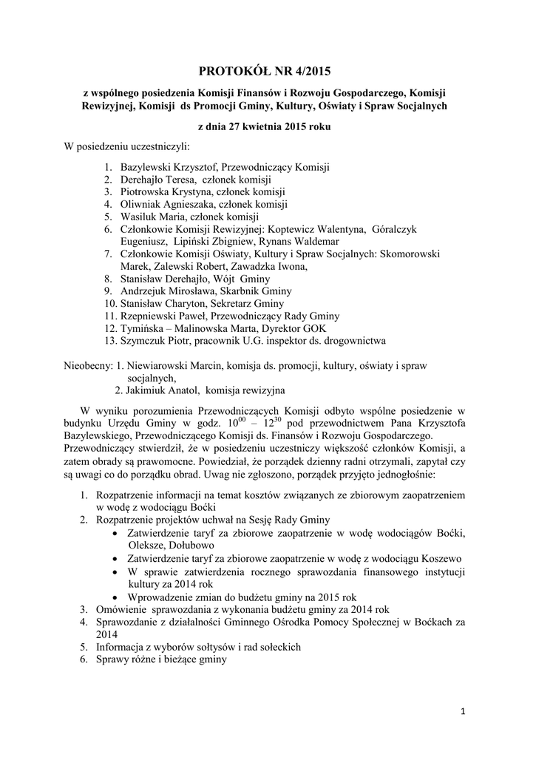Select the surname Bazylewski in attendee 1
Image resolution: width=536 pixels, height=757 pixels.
click(x=148, y=167)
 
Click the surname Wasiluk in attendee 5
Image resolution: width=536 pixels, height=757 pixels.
click(x=140, y=217)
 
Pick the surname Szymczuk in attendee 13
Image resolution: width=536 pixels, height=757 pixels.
click(x=144, y=341)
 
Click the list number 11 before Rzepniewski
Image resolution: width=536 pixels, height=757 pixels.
click(x=110, y=316)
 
